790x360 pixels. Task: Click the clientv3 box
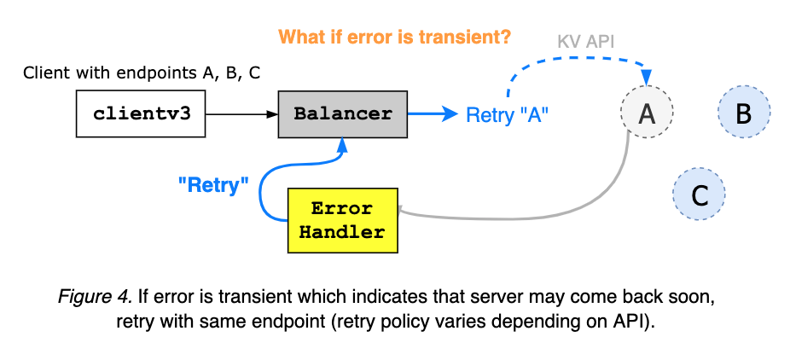tap(141, 113)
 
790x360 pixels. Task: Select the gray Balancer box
tap(342, 113)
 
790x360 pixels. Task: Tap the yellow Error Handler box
tap(342, 220)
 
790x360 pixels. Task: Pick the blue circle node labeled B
tap(743, 113)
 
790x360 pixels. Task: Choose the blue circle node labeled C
tap(699, 195)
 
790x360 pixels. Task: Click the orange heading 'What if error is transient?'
tap(394, 38)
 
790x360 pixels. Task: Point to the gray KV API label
tap(587, 42)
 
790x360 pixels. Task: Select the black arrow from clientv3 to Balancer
tap(242, 113)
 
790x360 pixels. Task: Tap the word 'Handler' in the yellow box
tap(342, 231)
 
